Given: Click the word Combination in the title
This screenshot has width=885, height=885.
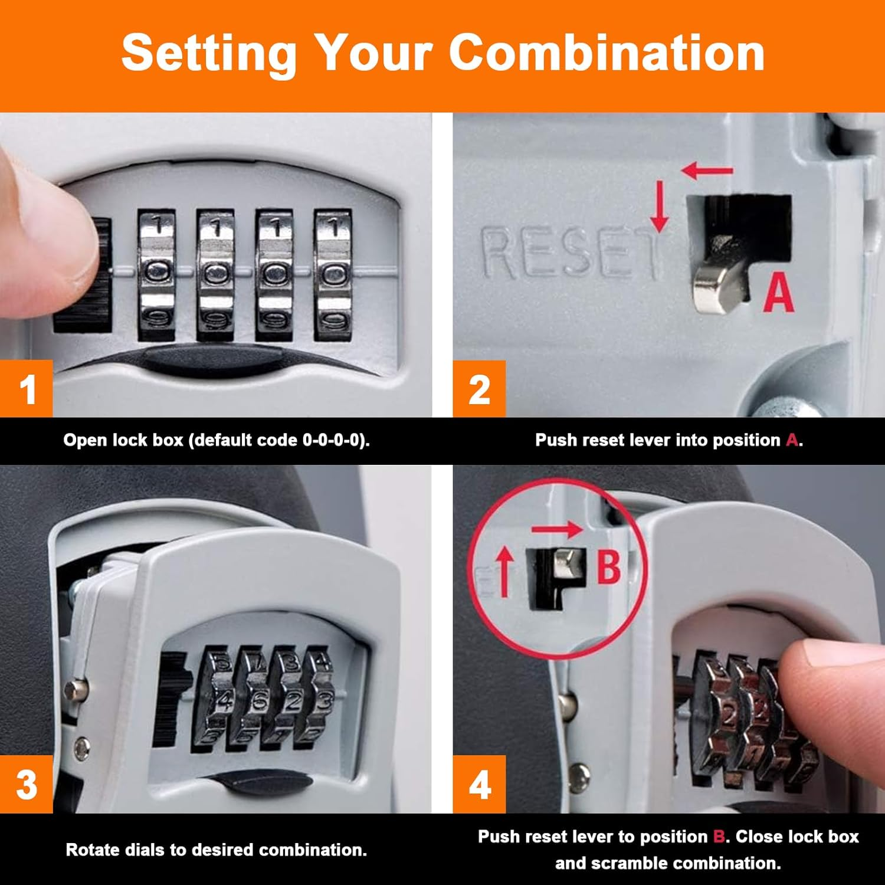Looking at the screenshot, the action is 607,53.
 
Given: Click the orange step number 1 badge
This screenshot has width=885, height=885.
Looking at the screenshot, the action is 27,389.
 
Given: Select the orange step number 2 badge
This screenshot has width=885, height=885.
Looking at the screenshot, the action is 479,389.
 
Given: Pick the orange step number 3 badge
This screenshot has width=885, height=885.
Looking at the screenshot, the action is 27,784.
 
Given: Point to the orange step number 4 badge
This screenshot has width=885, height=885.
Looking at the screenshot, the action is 479,784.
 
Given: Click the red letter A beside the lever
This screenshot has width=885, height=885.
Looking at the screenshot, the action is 778,293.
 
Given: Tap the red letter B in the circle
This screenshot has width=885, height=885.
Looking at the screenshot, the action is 608,566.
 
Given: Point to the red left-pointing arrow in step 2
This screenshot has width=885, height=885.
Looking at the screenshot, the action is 707,171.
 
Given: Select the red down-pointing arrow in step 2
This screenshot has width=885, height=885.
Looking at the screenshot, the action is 660,206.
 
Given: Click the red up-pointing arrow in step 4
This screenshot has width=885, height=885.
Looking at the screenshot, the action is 504,571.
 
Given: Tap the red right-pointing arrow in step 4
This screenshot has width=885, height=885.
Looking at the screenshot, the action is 557,529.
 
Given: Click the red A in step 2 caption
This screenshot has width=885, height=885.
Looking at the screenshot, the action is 792,440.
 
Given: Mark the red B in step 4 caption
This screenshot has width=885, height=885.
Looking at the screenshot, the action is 719,837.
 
